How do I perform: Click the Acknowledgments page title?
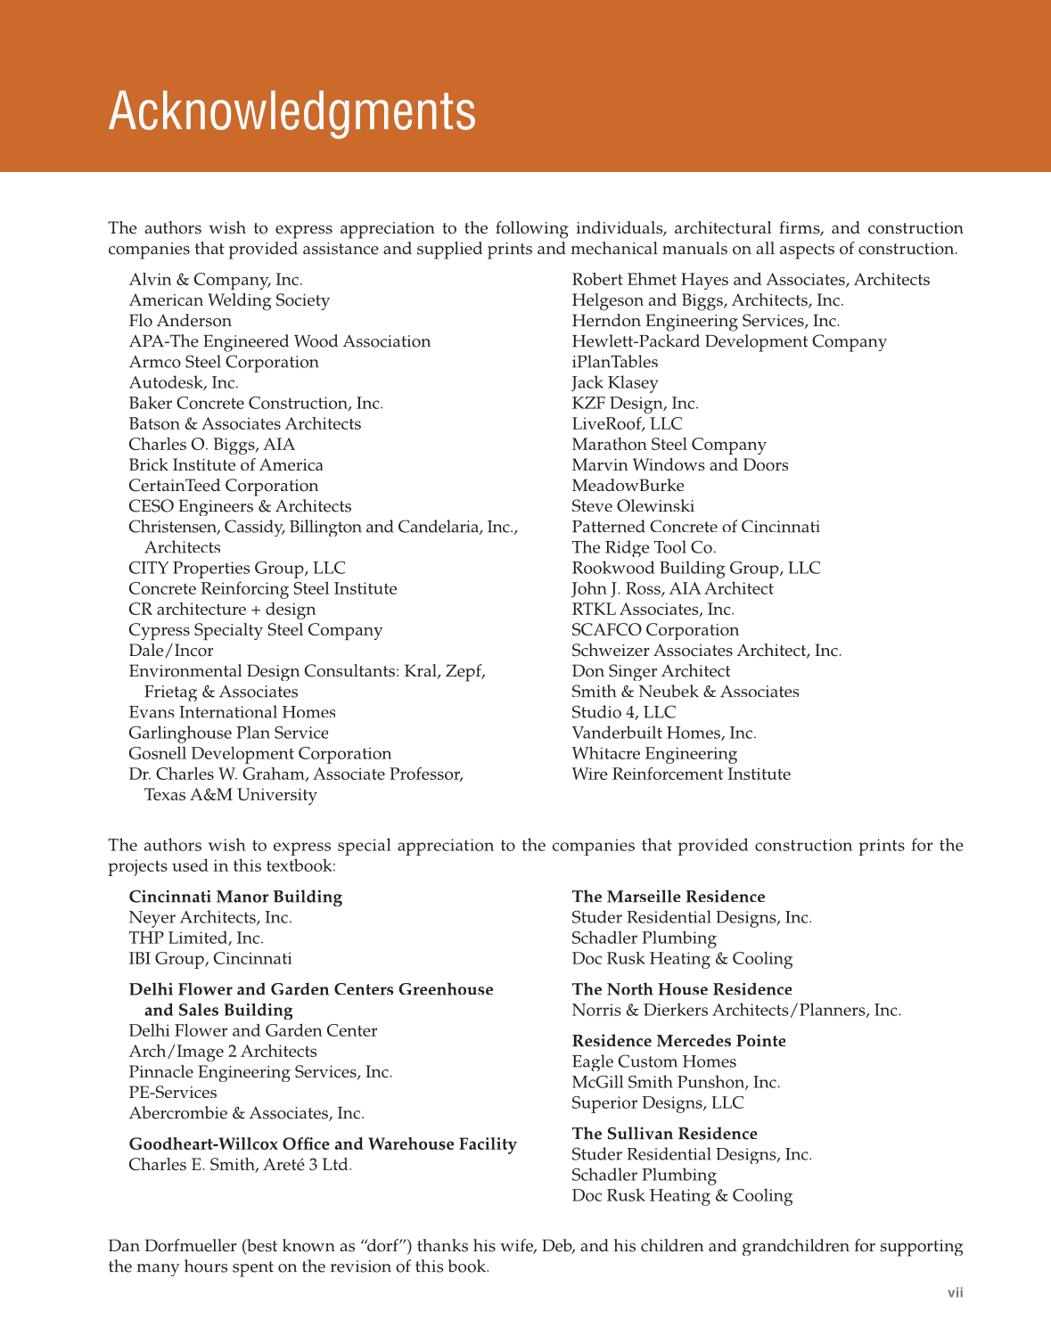[291, 112]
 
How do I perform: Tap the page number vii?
[955, 1292]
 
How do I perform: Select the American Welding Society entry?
[229, 300]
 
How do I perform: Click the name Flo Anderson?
[180, 321]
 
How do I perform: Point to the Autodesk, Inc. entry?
[184, 382]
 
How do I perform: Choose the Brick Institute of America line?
[226, 465]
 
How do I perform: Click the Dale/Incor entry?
[171, 651]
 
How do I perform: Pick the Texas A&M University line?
[230, 795]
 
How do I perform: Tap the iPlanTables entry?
[615, 362]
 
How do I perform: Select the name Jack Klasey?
[615, 382]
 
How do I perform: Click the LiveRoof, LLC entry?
[627, 424]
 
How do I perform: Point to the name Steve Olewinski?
[633, 506]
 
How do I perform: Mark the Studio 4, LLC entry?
[624, 712]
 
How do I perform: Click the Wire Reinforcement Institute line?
[681, 774]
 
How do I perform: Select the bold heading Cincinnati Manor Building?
[235, 897]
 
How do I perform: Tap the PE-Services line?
[173, 1093]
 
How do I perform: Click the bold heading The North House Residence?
[682, 989]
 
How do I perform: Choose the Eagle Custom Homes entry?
[654, 1061]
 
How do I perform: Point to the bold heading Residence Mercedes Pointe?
[679, 1041]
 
